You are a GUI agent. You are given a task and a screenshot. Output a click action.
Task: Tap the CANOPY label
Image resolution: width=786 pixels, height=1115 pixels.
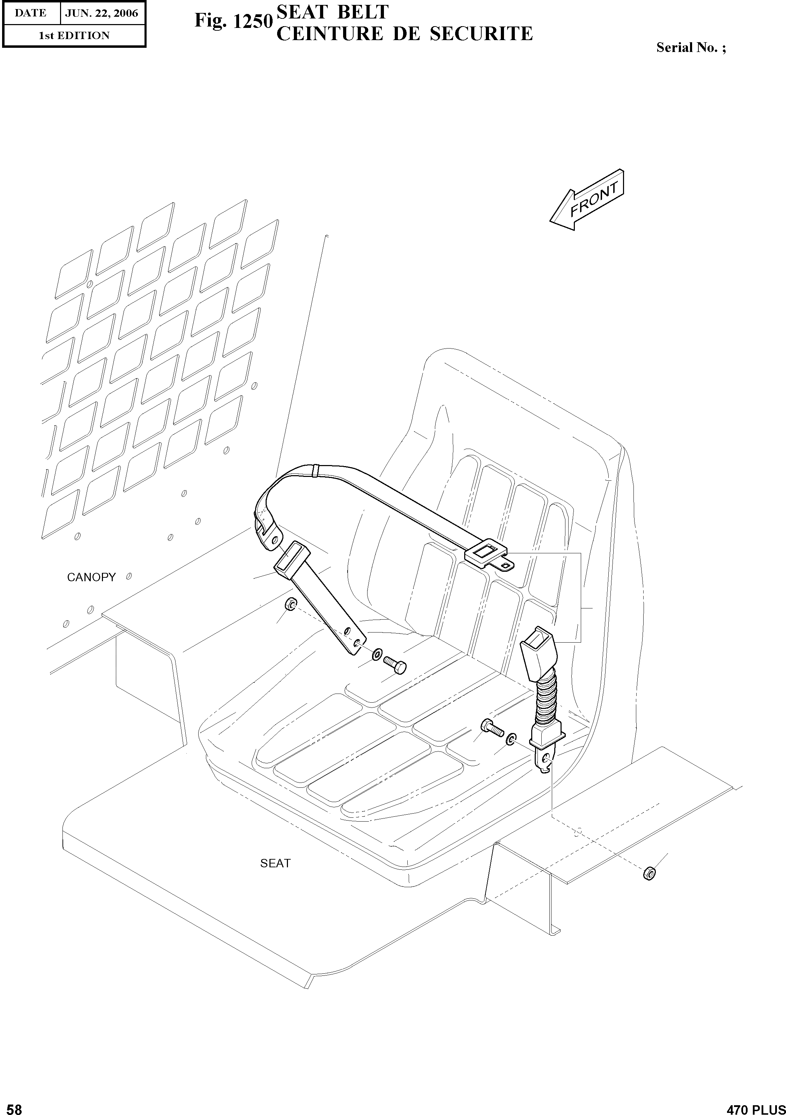pos(91,577)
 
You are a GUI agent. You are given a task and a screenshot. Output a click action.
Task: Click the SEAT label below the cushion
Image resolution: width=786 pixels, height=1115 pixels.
pos(275,863)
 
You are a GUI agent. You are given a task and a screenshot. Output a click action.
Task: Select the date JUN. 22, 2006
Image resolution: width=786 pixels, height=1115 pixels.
pos(102,13)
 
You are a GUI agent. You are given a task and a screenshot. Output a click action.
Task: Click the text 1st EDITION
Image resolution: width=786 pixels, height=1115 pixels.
pos(74,36)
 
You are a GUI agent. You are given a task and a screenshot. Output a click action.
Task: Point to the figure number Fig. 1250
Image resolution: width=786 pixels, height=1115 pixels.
pos(233,21)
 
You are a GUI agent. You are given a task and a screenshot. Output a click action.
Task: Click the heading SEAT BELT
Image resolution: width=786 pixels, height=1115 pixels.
pos(332,12)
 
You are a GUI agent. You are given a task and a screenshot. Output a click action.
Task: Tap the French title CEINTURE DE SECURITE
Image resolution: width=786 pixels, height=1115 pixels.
pos(405,34)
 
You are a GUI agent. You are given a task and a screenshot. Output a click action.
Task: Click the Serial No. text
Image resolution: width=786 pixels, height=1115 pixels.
pos(691,47)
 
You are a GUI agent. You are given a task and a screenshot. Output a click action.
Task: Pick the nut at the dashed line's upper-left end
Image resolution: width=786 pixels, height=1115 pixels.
pos(290,605)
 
